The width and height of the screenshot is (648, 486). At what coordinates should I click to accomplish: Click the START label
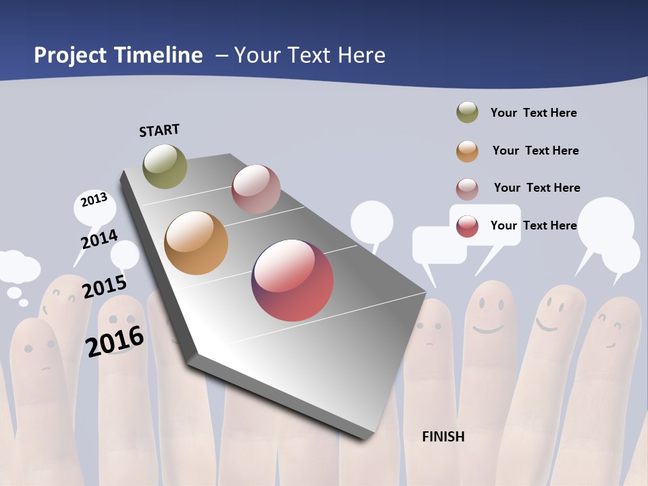(x=159, y=130)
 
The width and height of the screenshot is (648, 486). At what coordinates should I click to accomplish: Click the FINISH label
(x=443, y=437)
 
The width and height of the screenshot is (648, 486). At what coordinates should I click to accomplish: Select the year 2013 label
(x=94, y=200)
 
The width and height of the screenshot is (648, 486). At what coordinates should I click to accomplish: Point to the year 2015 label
(x=105, y=286)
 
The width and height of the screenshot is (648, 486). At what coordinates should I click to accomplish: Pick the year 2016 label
(x=115, y=341)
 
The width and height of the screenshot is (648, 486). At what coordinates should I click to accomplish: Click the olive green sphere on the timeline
(x=165, y=166)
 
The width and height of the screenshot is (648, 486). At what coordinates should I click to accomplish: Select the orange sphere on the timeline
(x=196, y=243)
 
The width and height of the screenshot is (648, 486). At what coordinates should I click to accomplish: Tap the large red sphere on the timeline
(x=292, y=280)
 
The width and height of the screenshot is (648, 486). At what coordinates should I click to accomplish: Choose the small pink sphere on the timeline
(x=256, y=189)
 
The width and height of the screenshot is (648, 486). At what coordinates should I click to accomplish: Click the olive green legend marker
(x=467, y=113)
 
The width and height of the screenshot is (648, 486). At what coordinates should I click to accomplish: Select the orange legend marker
(x=467, y=151)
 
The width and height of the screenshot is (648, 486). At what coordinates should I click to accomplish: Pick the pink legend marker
(x=467, y=189)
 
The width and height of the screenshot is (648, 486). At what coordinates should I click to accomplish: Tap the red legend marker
(x=467, y=226)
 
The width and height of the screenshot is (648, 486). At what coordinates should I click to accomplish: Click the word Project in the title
(x=71, y=55)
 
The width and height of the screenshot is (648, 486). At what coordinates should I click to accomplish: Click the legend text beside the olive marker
(x=533, y=113)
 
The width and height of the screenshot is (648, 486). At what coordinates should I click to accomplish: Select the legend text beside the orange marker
(x=535, y=151)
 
